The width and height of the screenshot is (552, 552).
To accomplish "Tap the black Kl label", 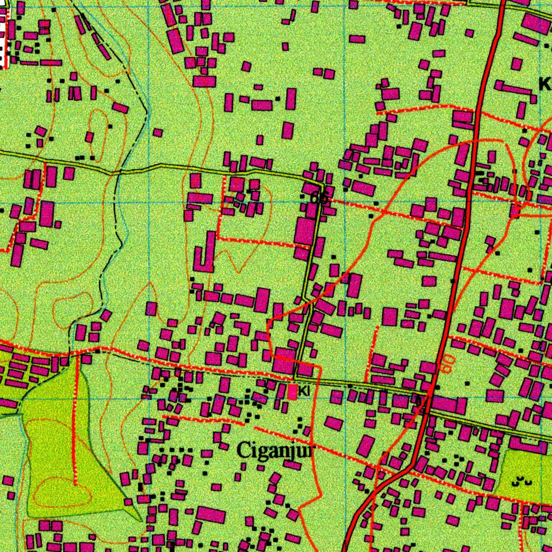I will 305,391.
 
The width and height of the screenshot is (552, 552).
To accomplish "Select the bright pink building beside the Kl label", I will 292,392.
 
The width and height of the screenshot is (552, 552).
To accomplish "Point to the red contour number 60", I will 446,364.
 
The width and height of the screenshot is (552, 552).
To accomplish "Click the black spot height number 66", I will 319,198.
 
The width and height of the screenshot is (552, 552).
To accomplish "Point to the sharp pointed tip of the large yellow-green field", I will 141,521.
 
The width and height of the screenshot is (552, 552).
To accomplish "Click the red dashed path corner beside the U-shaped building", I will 219,238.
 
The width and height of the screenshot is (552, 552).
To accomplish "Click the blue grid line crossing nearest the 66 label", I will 344,203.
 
